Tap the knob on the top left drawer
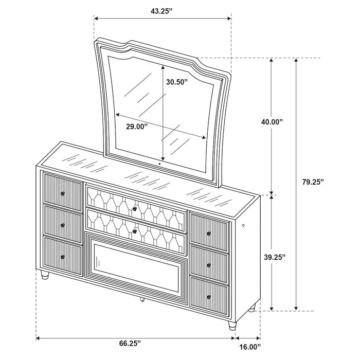coord(63,193)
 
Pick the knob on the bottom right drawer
coord(209,296)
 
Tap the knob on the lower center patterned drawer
coord(135,231)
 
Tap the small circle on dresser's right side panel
coord(244,226)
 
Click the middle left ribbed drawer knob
coord(63,225)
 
